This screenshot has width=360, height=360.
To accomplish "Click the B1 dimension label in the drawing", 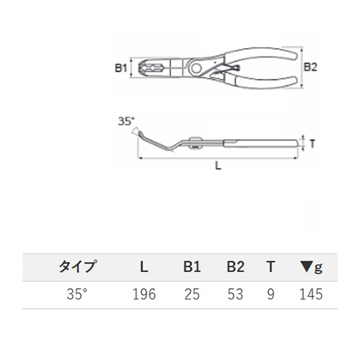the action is click(121, 68).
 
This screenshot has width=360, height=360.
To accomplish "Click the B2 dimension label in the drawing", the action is click(310, 67).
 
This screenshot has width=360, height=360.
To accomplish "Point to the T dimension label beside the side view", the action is click(312, 144).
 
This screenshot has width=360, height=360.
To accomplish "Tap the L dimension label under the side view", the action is click(218, 166).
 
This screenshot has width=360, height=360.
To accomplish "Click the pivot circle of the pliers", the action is click(197, 68).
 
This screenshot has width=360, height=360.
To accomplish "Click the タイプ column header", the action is click(78, 266).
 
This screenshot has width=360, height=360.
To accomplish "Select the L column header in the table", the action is click(144, 266).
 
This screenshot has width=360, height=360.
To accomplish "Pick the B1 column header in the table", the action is click(192, 266).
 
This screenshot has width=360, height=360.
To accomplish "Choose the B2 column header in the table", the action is click(235, 266).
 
